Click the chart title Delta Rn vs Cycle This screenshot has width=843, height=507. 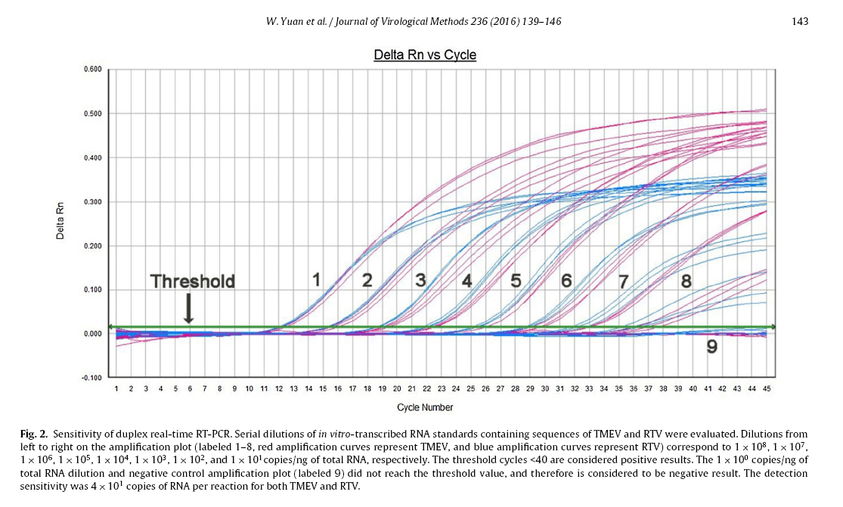pos(425,55)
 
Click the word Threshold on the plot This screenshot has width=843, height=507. pos(193,282)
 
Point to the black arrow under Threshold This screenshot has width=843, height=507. pos(188,310)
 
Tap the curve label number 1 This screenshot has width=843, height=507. pos(318,280)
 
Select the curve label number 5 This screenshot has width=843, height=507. pos(516,281)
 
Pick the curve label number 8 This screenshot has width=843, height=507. pos(686,281)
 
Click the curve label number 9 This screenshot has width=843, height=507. pos(711,348)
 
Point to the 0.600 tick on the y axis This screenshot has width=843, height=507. pos(92,70)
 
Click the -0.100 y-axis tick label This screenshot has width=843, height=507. pos(91,378)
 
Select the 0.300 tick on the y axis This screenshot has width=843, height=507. pos(92,202)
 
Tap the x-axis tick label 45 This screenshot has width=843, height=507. pos(767,389)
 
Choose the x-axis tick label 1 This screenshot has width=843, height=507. pos(116,389)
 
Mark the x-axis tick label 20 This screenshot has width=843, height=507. pos(397,389)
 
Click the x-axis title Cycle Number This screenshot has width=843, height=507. pos(426,408)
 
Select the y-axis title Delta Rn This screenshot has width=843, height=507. pos(60,223)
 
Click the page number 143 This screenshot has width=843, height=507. pos(800,21)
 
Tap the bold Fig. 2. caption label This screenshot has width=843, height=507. pos(35,434)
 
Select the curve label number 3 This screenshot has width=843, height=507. pos(420,280)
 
